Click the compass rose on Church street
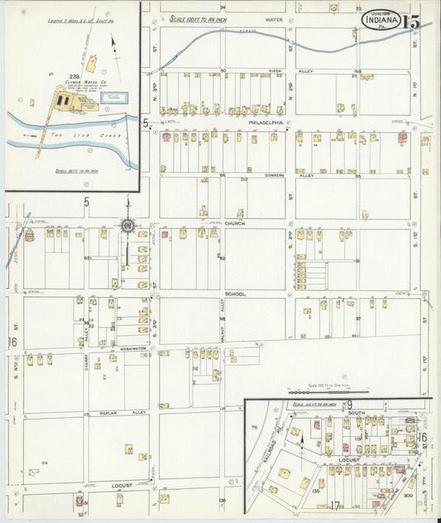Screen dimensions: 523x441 click(128, 224)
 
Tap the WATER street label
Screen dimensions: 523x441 click(274, 17)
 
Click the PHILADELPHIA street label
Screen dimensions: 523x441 click(266, 122)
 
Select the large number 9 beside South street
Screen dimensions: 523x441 click(350, 404)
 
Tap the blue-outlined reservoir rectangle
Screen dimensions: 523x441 click(111, 98)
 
